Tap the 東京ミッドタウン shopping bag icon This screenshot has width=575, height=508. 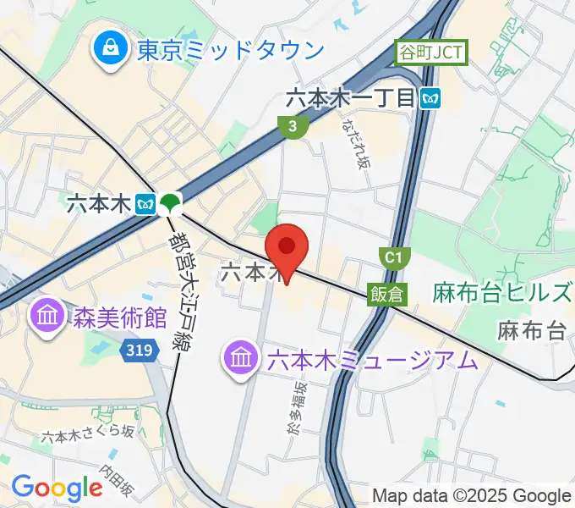(111, 49)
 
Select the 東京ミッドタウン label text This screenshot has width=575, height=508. (230, 50)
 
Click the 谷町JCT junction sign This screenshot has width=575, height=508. (430, 53)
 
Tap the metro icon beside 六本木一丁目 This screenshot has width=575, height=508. (431, 98)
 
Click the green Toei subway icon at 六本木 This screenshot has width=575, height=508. (170, 203)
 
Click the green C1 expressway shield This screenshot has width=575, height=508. (392, 257)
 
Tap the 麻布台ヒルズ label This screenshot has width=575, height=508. (501, 294)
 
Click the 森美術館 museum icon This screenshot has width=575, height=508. (45, 318)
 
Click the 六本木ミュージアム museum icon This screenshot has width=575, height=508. (241, 359)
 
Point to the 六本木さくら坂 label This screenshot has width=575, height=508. (88, 434)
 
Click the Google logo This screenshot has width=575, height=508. (57, 488)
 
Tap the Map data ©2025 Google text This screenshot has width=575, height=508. (472, 495)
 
